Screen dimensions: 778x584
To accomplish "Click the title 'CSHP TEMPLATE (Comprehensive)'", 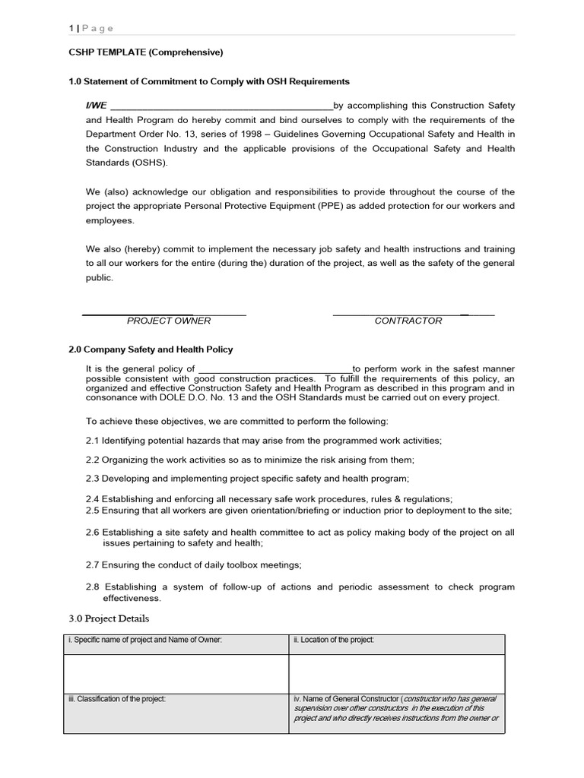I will (146, 52).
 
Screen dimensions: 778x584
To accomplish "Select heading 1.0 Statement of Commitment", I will (209, 81).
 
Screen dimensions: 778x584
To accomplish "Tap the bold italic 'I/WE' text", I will (96, 106).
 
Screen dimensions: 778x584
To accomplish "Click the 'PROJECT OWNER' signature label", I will (169, 321).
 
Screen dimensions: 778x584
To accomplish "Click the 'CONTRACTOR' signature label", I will (408, 321).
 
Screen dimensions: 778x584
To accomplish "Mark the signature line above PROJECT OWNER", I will (163, 313).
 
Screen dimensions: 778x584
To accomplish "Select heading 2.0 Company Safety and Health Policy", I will (151, 349).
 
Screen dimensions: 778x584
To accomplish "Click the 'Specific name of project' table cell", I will (145, 640).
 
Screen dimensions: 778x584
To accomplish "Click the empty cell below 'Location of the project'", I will (396, 673).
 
